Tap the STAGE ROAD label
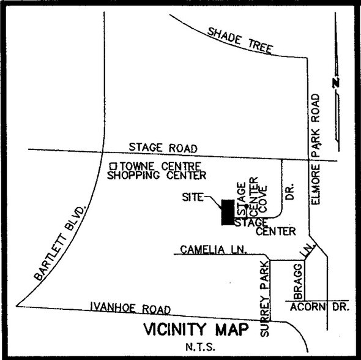click(163, 148)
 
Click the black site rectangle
click(228, 212)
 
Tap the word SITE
click(193, 198)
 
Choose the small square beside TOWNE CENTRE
click(113, 165)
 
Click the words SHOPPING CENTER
click(156, 176)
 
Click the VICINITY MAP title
click(196, 329)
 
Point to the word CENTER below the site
click(275, 231)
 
